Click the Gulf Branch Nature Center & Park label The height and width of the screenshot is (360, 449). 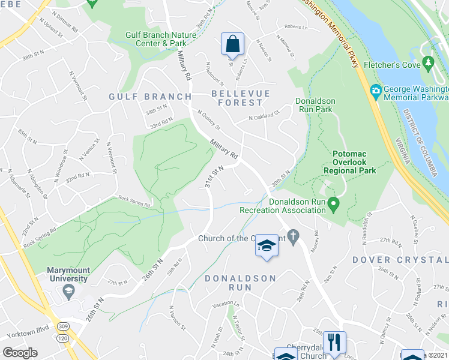(x=161, y=39)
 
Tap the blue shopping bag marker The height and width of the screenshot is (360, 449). (x=232, y=44)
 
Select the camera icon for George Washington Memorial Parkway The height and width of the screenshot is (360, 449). (x=376, y=91)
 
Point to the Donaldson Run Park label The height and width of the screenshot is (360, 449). (x=315, y=106)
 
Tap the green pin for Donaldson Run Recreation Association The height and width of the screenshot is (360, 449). (x=336, y=206)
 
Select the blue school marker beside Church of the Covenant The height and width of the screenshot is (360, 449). (x=267, y=246)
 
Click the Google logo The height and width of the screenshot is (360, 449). (x=20, y=353)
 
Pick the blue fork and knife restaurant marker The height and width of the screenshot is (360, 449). (x=334, y=343)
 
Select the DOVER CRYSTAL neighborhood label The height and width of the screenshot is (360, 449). (x=400, y=259)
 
